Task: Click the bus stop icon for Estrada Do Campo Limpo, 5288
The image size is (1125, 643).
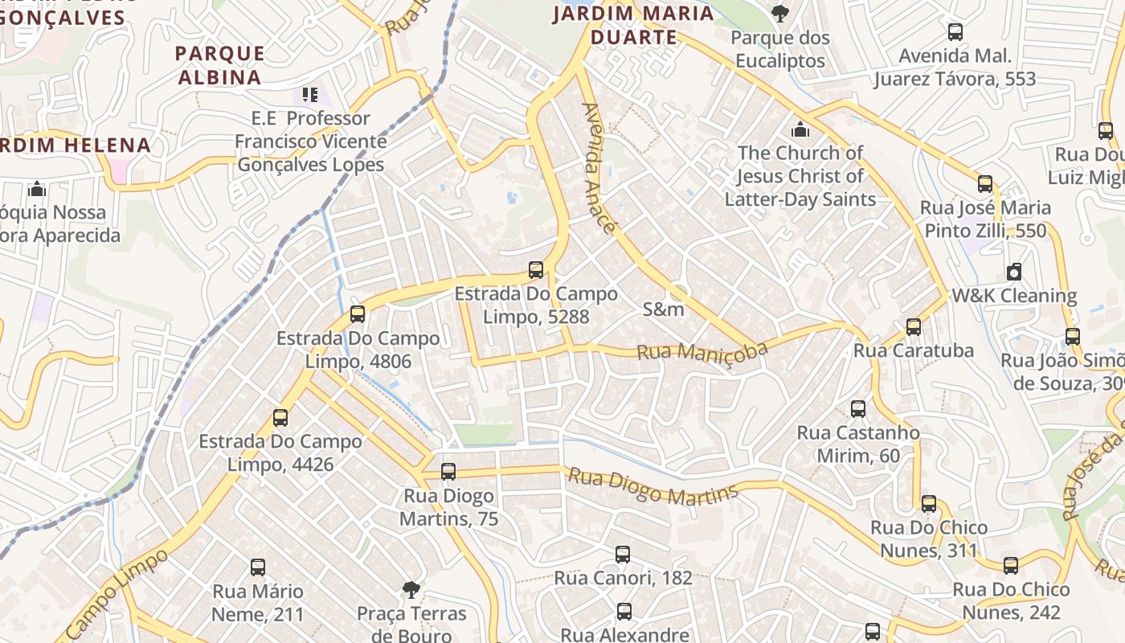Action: [536, 270]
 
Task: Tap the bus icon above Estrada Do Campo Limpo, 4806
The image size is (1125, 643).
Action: [358, 314]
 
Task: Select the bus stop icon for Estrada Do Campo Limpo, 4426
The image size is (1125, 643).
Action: [280, 418]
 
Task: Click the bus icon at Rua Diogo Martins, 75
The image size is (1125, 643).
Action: [448, 472]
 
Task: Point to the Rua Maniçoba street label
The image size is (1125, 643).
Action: [702, 350]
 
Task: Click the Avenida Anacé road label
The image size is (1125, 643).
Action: [599, 168]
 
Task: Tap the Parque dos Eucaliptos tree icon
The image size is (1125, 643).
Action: [779, 13]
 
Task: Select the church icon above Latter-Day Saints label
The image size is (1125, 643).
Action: [800, 129]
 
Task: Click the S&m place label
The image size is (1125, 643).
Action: [664, 309]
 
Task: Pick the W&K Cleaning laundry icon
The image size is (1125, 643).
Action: [1014, 272]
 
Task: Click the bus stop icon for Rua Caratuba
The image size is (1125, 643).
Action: [913, 327]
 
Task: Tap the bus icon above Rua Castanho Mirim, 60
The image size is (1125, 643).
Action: [858, 409]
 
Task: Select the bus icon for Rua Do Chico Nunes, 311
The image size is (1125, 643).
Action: [929, 504]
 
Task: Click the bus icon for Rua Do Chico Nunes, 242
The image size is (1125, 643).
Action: [1011, 566]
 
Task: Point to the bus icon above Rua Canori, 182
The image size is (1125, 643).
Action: [623, 555]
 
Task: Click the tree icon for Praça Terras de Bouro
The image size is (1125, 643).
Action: [411, 590]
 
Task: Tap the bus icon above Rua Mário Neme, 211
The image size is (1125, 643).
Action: [258, 567]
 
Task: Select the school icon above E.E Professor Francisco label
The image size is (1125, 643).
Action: [310, 95]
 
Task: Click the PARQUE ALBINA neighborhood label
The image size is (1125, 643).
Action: [219, 65]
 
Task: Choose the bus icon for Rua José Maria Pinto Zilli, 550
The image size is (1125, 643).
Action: [985, 184]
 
